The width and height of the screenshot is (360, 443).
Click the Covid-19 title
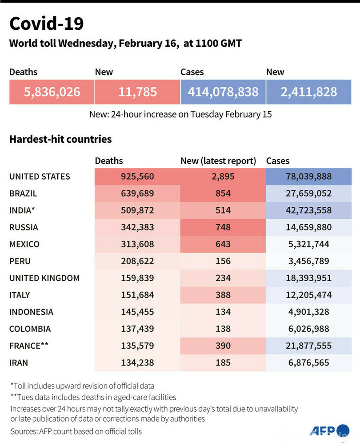pyautogui.click(x=46, y=24)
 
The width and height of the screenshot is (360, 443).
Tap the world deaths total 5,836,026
pyautogui.click(x=52, y=92)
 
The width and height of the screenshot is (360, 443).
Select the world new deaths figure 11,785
pyautogui.click(x=137, y=92)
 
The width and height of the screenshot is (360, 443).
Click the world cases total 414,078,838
pyautogui.click(x=223, y=92)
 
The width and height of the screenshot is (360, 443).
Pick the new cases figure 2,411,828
pyautogui.click(x=308, y=92)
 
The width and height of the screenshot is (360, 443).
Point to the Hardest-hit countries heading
pyautogui.click(x=60, y=139)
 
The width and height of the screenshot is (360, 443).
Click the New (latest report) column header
pyautogui.click(x=218, y=161)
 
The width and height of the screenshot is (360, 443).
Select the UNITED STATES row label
pyautogui.click(x=40, y=177)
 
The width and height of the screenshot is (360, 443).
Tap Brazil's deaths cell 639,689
pyautogui.click(x=137, y=193)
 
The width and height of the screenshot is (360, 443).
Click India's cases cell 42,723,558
pyautogui.click(x=308, y=210)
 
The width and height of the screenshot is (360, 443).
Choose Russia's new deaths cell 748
pyautogui.click(x=223, y=227)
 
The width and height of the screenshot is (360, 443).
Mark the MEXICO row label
pyautogui.click(x=24, y=244)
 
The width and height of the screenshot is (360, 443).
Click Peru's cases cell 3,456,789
pyautogui.click(x=308, y=261)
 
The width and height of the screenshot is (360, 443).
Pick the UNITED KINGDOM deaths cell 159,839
pyautogui.click(x=137, y=278)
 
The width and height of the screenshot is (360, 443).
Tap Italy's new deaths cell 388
pyautogui.click(x=223, y=295)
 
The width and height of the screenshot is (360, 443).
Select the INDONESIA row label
pyautogui.click(x=31, y=312)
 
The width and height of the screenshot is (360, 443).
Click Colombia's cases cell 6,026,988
pyautogui.click(x=308, y=329)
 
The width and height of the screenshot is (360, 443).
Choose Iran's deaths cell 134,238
pyautogui.click(x=137, y=362)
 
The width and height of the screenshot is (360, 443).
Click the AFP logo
pyautogui.click(x=322, y=431)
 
